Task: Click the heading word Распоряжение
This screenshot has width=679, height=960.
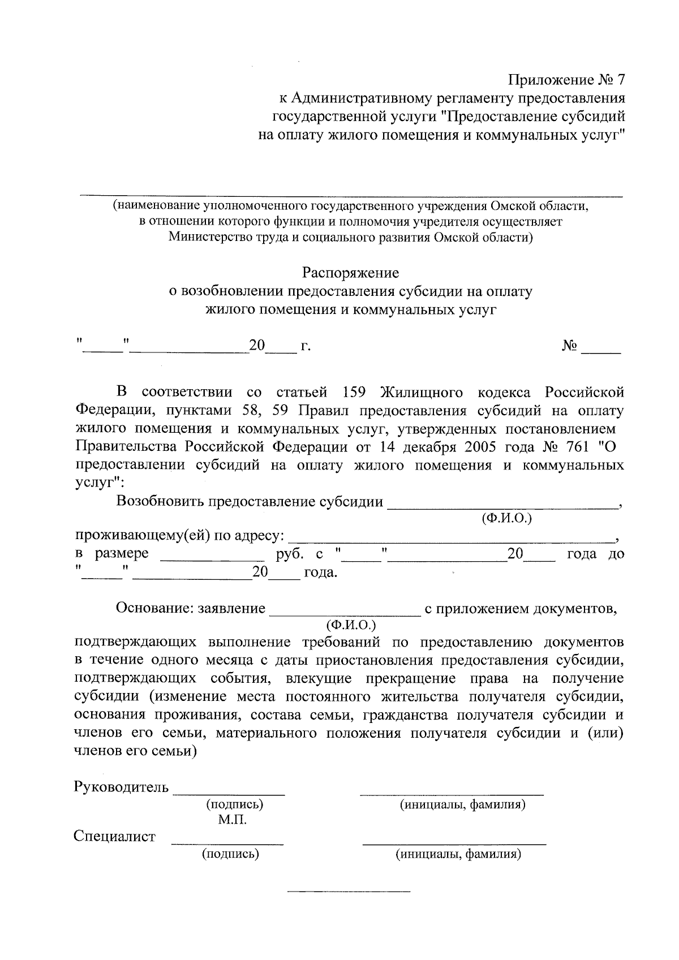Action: [350, 273]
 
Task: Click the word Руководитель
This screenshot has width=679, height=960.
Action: [121, 787]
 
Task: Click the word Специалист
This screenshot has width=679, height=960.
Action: [115, 836]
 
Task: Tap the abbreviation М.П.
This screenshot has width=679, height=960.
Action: [233, 820]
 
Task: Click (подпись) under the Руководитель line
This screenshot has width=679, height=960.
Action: [235, 804]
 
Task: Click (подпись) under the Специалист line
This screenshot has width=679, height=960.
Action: [230, 854]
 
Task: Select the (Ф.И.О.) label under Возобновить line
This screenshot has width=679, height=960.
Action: [506, 518]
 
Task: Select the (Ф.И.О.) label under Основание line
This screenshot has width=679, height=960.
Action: [351, 625]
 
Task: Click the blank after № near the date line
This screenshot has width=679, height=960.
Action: [601, 351]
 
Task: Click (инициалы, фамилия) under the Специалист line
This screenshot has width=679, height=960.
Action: [458, 854]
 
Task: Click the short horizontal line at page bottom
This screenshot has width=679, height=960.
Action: [349, 892]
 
